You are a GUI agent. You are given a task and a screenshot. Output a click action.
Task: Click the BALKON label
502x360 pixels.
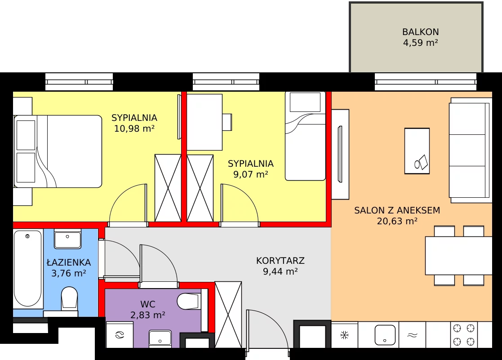[420, 32]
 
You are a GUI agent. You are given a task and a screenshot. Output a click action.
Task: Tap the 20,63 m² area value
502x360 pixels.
[397, 221]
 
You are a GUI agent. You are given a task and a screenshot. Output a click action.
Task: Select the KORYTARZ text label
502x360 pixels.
[280, 261]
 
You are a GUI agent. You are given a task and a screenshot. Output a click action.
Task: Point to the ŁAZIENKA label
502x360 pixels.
[69, 262]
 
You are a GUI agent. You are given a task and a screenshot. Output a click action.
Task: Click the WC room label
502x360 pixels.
[148, 304]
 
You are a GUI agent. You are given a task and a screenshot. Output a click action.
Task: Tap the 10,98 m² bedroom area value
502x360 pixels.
[134, 129]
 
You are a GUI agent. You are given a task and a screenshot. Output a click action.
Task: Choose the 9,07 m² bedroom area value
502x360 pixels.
[251, 174]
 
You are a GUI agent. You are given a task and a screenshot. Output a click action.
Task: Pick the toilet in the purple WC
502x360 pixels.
[189, 301]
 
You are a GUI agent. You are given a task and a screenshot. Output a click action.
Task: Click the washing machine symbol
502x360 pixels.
[120, 335]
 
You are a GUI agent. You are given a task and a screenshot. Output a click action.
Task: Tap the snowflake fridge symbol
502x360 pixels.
[345, 335]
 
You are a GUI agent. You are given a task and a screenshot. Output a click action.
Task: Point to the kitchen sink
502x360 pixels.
[385, 335]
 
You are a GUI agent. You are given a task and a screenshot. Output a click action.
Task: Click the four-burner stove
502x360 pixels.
[464, 335]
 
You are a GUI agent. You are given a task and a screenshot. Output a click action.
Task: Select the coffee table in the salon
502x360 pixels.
[417, 151]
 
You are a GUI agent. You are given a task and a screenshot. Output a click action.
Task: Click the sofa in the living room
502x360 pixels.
[470, 150]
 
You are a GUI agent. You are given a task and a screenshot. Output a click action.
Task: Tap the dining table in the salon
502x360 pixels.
[458, 256]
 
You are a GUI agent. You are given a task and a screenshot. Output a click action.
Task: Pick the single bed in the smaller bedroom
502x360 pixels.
[306, 136]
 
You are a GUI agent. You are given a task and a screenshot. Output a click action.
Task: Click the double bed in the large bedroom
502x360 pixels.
[58, 151]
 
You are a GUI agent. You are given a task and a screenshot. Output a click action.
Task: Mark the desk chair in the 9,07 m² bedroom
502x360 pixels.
[227, 122]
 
